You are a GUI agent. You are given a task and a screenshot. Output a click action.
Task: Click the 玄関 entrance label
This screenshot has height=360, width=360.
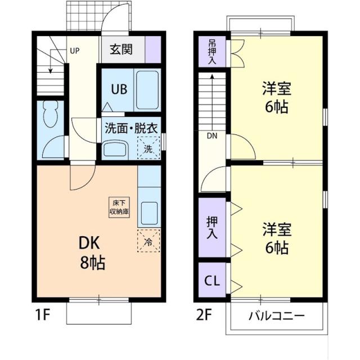121,50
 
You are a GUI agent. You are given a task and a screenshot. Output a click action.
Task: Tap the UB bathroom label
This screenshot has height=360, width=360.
118,88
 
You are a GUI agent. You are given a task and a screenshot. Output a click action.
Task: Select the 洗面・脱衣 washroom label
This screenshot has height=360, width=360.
129,127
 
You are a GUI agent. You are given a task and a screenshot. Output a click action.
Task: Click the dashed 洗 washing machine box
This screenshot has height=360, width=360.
148,150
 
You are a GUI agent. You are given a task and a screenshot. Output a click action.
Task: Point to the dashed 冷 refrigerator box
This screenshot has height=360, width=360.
148,242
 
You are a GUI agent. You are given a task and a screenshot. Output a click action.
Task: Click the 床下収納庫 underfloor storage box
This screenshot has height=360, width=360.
119,207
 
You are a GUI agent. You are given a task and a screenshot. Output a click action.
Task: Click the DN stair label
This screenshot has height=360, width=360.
211,136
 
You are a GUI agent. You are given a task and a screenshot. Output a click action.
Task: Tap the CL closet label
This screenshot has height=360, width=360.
211,280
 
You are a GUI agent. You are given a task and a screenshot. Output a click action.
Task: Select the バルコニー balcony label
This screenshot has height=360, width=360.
277,315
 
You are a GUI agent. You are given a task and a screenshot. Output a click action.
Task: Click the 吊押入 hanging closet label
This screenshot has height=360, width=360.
212,52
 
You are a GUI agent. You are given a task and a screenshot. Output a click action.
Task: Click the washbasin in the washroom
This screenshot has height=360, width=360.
116,150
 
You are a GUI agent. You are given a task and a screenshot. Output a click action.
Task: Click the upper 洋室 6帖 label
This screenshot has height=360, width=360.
275,97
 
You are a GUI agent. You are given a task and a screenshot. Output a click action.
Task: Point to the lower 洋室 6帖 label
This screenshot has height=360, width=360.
275,238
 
